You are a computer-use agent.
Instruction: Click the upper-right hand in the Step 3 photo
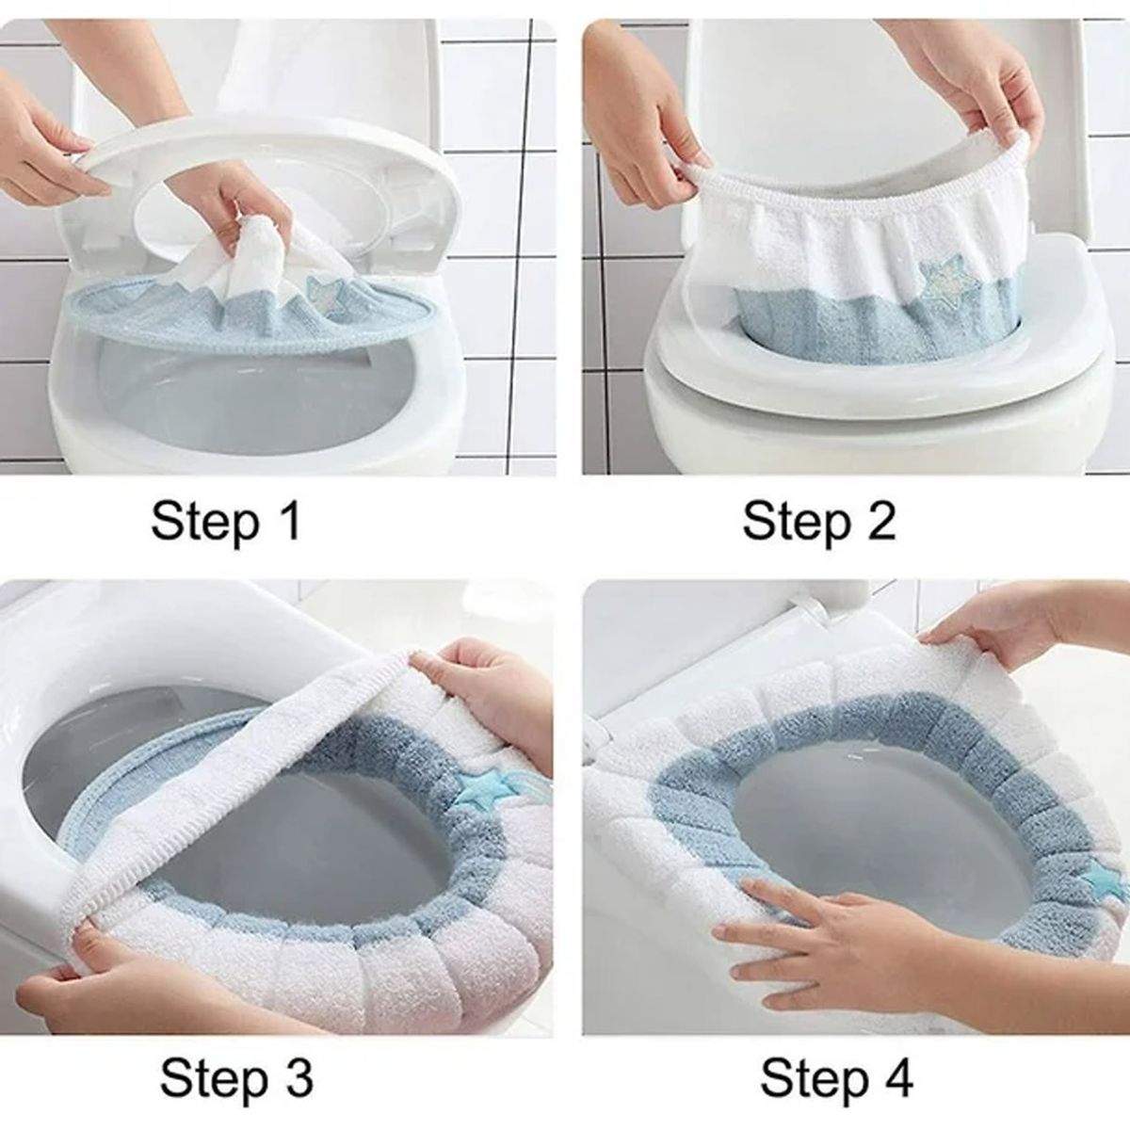(490, 687)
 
